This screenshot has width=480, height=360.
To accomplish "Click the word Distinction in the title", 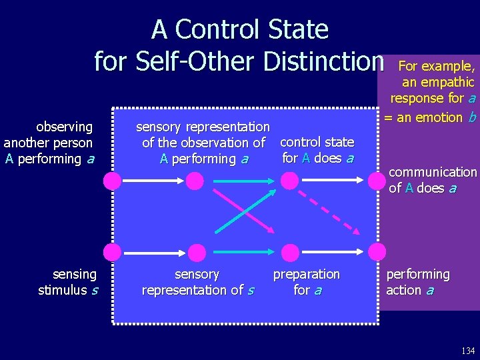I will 324,61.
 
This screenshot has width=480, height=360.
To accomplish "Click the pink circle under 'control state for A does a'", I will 289,180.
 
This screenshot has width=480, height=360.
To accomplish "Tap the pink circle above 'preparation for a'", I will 291,252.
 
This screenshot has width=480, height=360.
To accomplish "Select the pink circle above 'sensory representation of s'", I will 197,252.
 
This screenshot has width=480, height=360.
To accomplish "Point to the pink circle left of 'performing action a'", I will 377,252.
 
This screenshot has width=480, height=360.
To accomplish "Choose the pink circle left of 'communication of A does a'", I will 377,180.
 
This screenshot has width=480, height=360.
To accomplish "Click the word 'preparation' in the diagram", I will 307,275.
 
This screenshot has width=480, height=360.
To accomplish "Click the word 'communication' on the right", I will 433,173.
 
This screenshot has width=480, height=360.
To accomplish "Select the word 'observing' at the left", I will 64,127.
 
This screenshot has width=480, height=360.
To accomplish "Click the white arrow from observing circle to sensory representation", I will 153,180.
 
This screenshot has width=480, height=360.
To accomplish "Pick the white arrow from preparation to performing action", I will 333,252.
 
